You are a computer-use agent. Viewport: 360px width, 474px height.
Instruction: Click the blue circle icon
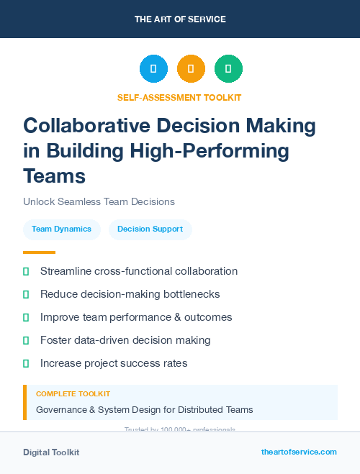click(153, 69)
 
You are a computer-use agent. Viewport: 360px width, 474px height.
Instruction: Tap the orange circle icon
click(191, 69)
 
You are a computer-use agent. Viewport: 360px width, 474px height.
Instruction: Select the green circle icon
click(228, 69)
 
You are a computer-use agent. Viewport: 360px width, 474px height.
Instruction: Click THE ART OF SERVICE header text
click(180, 19)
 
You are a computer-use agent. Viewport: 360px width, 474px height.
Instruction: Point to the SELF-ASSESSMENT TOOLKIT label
click(179, 98)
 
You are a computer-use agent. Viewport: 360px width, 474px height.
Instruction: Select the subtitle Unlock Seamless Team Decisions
click(99, 201)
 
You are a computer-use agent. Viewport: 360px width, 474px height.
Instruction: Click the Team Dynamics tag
click(61, 229)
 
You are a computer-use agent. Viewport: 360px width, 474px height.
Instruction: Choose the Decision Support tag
click(150, 229)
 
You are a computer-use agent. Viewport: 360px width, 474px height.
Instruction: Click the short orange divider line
click(39, 252)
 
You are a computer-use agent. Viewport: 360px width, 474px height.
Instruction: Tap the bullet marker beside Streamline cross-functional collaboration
click(26, 271)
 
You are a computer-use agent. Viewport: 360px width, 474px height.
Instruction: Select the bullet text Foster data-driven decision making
click(125, 340)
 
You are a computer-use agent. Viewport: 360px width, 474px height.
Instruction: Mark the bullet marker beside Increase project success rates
click(26, 363)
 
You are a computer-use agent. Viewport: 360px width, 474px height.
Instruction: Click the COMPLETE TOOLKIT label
click(73, 394)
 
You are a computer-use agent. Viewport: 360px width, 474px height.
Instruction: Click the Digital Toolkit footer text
click(51, 452)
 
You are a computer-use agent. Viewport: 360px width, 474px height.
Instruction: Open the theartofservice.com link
click(299, 452)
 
